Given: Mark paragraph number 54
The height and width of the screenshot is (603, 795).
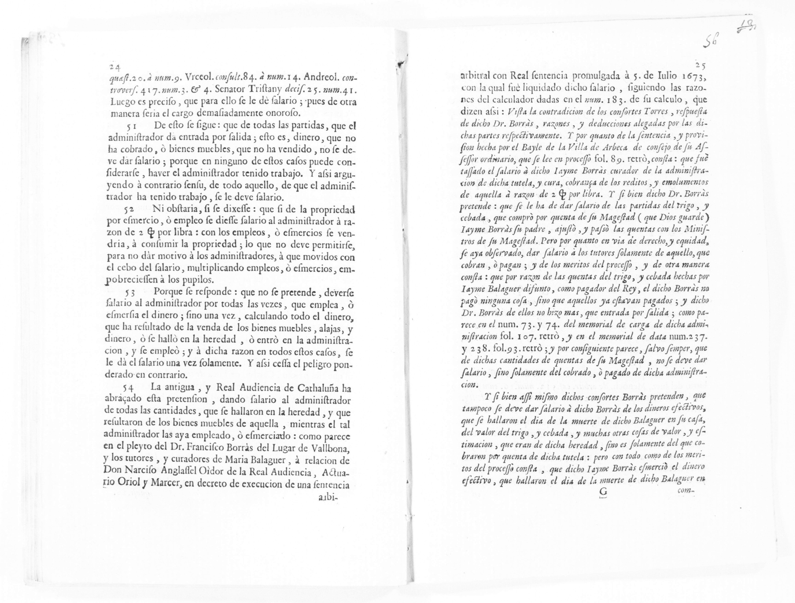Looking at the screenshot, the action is point(129,388).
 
